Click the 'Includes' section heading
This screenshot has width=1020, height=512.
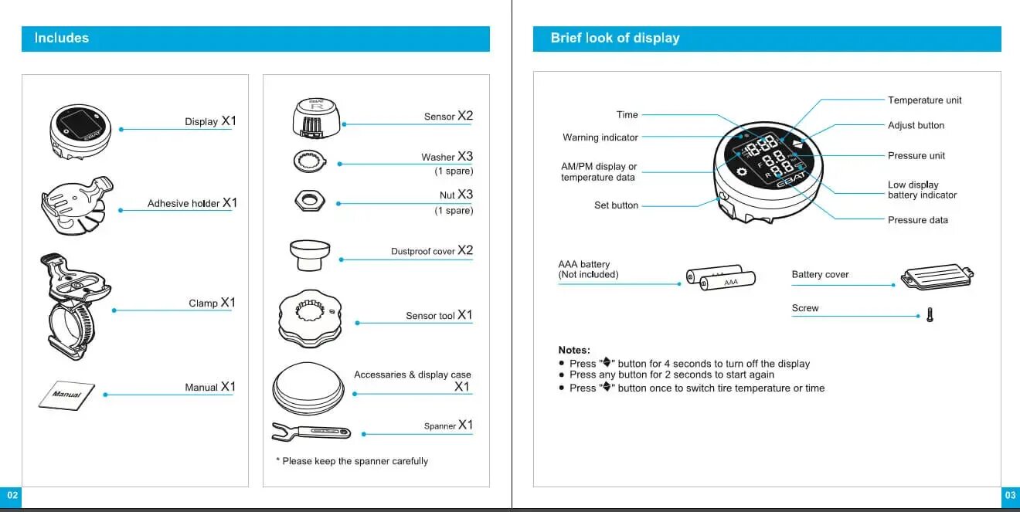coord(62,38)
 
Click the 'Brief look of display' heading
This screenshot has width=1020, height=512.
coord(615,38)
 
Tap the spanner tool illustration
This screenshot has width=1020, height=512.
coord(311,431)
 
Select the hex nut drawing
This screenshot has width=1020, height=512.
coord(309,201)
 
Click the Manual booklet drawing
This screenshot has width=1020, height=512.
coord(66,395)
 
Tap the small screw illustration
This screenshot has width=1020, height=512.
coord(930,315)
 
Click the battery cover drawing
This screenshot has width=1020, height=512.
coord(937,276)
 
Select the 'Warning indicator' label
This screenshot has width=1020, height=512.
coord(600,137)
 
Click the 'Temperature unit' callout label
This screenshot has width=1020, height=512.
coord(925,100)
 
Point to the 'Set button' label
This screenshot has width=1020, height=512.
coord(616,205)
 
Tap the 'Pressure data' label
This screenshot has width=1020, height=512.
coord(918,220)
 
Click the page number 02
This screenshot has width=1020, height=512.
coord(12,495)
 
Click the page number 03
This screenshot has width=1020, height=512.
coord(1010,495)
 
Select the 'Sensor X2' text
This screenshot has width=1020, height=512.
coord(448,116)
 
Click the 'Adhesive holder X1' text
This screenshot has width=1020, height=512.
coord(192,203)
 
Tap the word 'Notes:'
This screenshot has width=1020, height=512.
coord(574,350)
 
